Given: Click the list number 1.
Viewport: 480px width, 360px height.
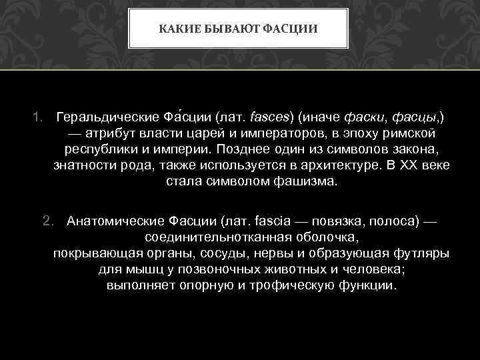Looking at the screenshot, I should click(x=38, y=117).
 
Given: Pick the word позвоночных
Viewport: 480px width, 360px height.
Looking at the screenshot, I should click(x=226, y=269).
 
